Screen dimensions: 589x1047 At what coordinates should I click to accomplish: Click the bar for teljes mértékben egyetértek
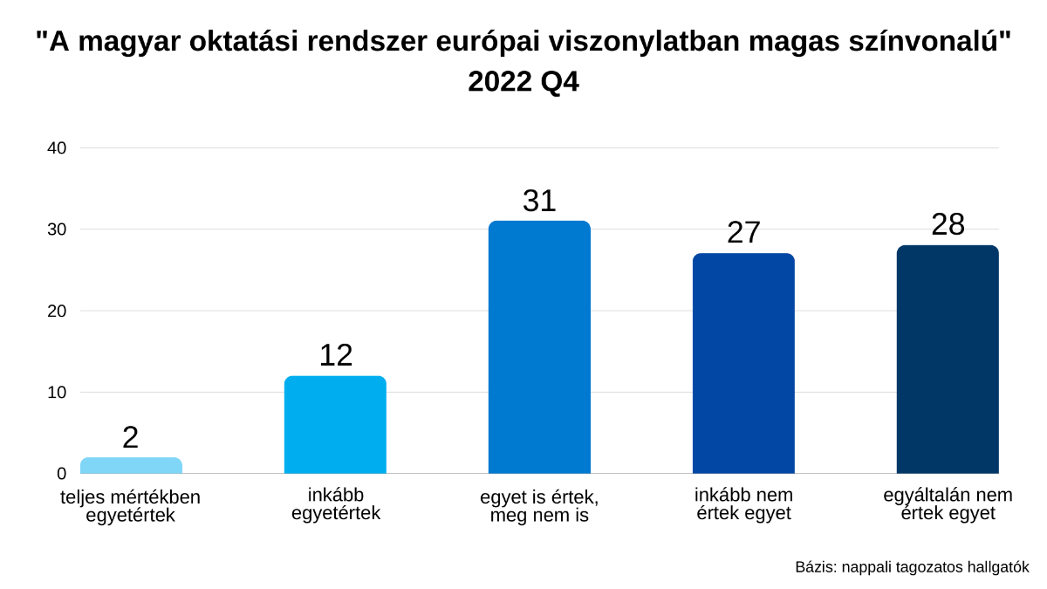point(131,465)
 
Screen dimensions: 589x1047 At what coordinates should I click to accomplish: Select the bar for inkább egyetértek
point(335,425)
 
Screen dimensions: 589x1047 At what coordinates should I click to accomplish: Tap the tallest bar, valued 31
point(539,347)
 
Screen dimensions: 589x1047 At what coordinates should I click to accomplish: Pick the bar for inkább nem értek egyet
point(743,364)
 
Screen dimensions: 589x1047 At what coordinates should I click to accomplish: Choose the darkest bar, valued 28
point(948,360)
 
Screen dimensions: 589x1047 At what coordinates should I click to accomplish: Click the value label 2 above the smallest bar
point(131,437)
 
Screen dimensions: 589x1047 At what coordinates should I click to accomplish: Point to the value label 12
point(335,355)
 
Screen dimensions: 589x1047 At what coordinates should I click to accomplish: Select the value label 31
point(539,201)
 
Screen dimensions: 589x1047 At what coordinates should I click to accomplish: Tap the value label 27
point(743,233)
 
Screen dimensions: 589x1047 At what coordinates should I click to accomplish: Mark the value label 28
point(948,225)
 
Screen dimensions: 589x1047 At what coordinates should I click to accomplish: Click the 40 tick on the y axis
point(57,148)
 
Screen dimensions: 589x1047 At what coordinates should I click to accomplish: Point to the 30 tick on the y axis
point(57,229)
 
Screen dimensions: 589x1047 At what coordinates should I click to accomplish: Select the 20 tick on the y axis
point(57,311)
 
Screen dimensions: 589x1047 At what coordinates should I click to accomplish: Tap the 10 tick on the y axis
point(57,393)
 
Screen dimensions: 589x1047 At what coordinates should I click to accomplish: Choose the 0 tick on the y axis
point(61,474)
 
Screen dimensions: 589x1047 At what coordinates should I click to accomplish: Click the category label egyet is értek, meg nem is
point(539,506)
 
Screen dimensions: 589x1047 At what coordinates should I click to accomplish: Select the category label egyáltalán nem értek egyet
point(948,504)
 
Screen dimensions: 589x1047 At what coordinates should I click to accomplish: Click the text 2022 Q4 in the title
point(523,82)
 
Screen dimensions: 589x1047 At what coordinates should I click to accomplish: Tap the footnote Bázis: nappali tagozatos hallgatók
point(912,567)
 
